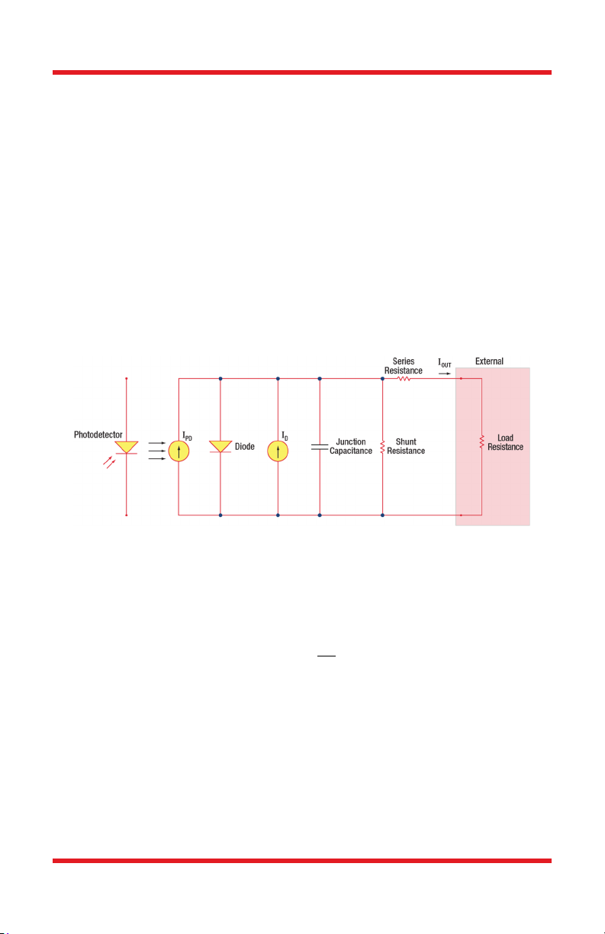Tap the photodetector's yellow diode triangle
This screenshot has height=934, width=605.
[x=127, y=446]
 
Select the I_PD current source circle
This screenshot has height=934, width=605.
[x=179, y=451]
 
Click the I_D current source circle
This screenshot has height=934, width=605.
[x=278, y=451]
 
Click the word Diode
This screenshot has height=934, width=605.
[x=245, y=447]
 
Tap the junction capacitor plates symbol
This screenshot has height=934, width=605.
[x=320, y=447]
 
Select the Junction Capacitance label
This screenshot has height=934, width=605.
[x=351, y=447]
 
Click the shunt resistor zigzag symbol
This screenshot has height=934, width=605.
[x=382, y=447]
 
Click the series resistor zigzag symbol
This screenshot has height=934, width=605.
[x=404, y=378]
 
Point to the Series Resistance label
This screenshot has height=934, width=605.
[x=404, y=365]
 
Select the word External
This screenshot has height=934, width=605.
[x=489, y=361]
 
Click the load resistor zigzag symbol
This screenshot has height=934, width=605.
[x=481, y=442]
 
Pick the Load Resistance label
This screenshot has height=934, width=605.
[x=506, y=443]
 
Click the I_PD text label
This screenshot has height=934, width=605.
[x=187, y=436]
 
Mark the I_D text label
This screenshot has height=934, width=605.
[x=285, y=436]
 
